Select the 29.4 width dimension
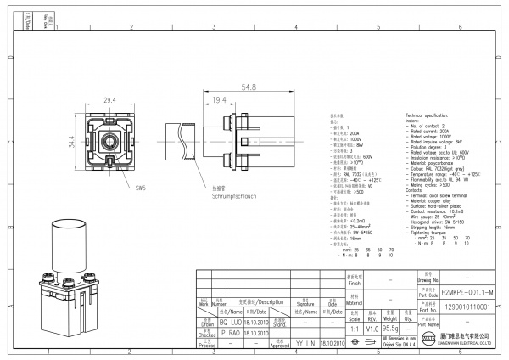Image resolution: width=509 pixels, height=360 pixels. tap(109, 100)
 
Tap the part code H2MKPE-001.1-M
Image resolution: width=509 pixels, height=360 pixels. tap(457, 291)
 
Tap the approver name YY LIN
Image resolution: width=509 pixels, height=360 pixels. tap(302, 343)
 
